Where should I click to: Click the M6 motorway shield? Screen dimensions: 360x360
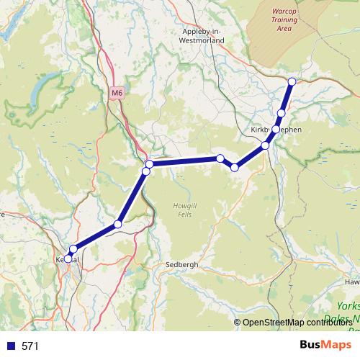pyautogui.click(x=118, y=93)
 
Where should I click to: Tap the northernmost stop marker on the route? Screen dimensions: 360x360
pyautogui.click(x=292, y=81)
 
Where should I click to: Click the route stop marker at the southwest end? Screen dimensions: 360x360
pyautogui.click(x=68, y=258)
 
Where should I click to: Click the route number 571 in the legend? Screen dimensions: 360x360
pyautogui.click(x=30, y=346)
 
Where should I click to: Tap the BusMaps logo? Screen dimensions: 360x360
pyautogui.click(x=321, y=345)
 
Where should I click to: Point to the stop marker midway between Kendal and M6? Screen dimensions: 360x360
pyautogui.click(x=117, y=224)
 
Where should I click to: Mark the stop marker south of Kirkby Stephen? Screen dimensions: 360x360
pyautogui.click(x=266, y=145)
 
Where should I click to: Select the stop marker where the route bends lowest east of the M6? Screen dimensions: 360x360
pyautogui.click(x=235, y=167)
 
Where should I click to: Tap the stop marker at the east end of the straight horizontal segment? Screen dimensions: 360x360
pyautogui.click(x=220, y=158)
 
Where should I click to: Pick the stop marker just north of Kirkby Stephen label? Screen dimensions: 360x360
pyautogui.click(x=281, y=114)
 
